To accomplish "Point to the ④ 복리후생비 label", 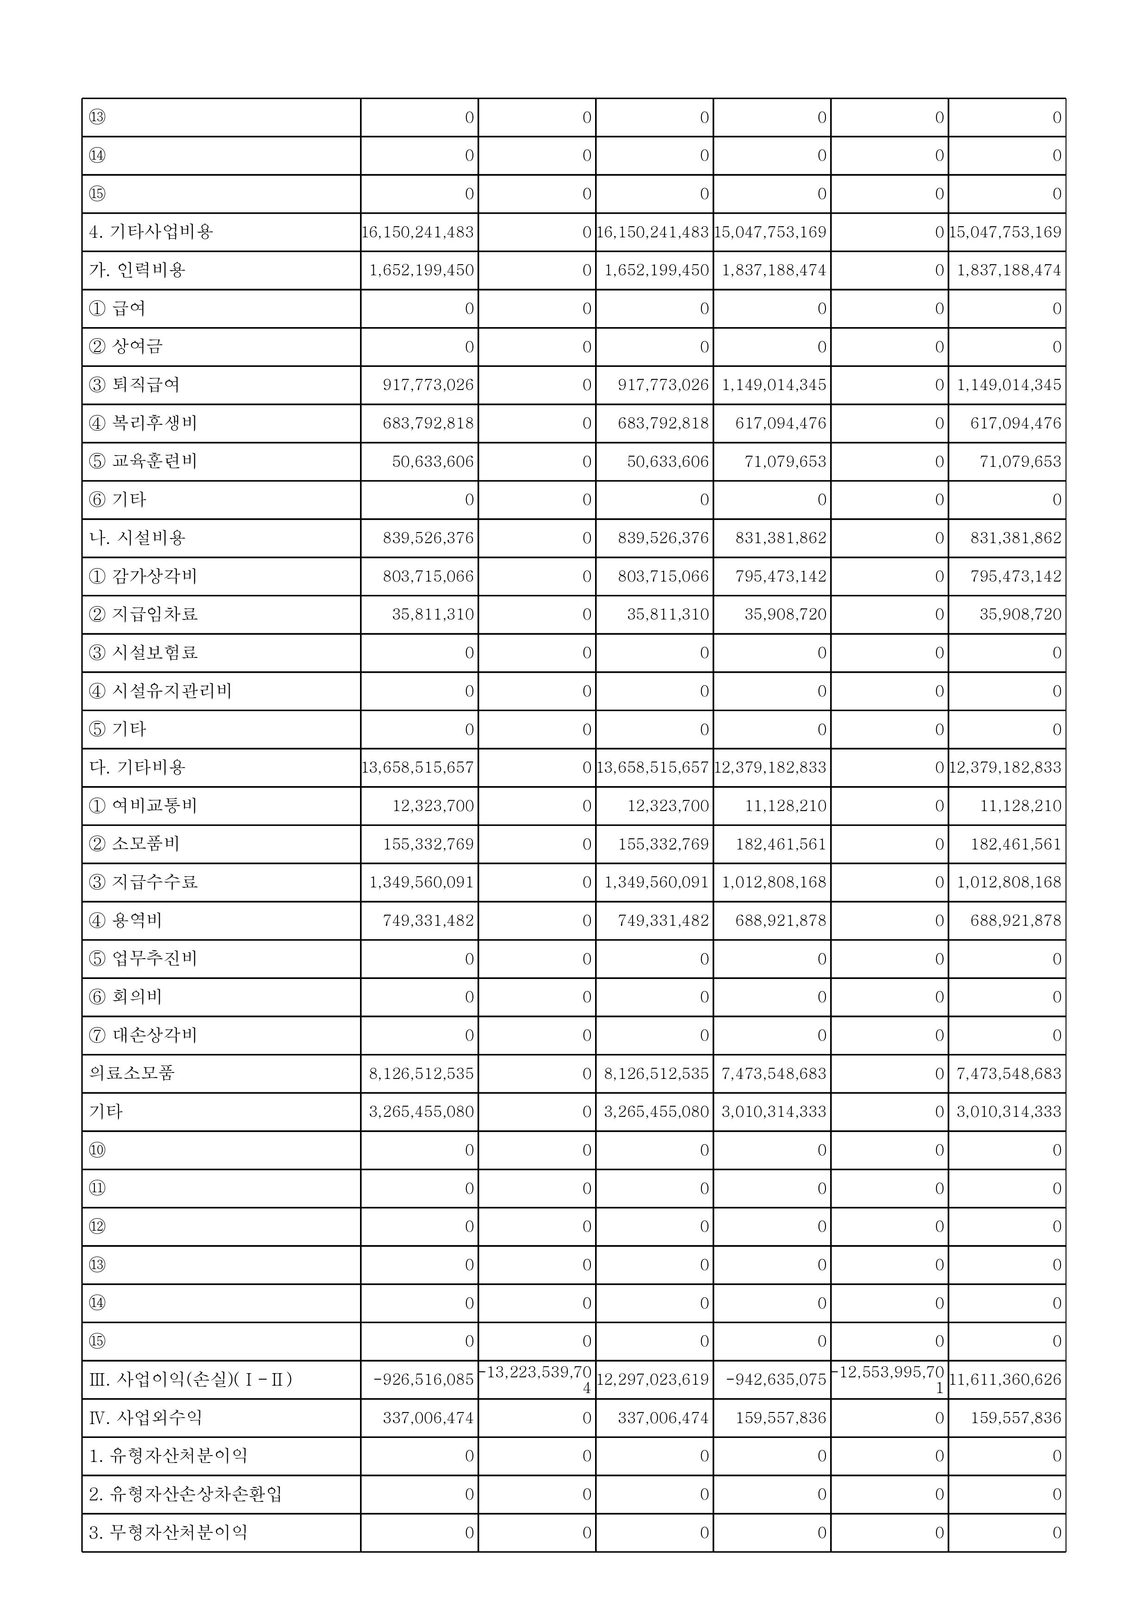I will (x=143, y=423).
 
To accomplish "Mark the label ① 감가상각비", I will (x=143, y=576).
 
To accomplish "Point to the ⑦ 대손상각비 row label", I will (x=143, y=1035).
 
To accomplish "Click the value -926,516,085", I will (x=423, y=1380).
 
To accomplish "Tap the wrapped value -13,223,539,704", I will (x=537, y=1379).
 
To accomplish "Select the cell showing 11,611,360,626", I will (x=1006, y=1380).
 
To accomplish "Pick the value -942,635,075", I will (x=776, y=1380).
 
